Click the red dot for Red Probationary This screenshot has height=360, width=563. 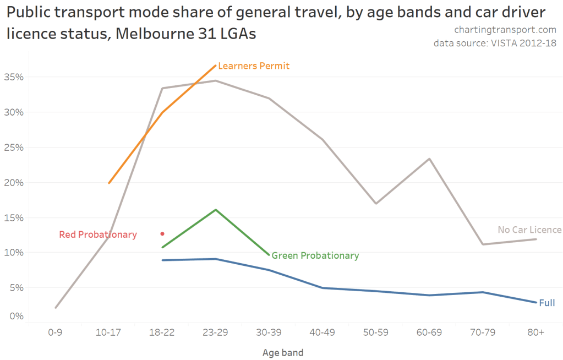pyautogui.click(x=162, y=234)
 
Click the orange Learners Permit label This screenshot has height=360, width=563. pyautogui.click(x=254, y=66)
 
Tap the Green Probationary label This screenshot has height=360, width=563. pyautogui.click(x=315, y=255)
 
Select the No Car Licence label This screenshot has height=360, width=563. pyautogui.click(x=529, y=230)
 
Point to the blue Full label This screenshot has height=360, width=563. pyautogui.click(x=546, y=303)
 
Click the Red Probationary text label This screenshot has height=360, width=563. pyautogui.click(x=97, y=234)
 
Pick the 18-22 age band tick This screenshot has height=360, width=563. pyautogui.click(x=162, y=333)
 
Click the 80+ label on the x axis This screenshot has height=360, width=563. pyautogui.click(x=535, y=333)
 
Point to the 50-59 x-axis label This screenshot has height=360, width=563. pyautogui.click(x=376, y=333)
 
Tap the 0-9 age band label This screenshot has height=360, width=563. pyautogui.click(x=55, y=333)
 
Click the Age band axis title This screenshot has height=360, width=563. pyautogui.click(x=283, y=352)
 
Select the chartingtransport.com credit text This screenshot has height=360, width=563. pyautogui.click(x=505, y=30)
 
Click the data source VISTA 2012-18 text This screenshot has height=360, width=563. pyautogui.click(x=495, y=43)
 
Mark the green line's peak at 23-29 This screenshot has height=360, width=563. pyautogui.click(x=216, y=210)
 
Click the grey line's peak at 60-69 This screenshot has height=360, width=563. pyautogui.click(x=429, y=159)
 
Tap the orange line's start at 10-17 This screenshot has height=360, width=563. pyautogui.click(x=109, y=183)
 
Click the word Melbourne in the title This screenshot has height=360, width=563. pyautogui.click(x=157, y=34)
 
